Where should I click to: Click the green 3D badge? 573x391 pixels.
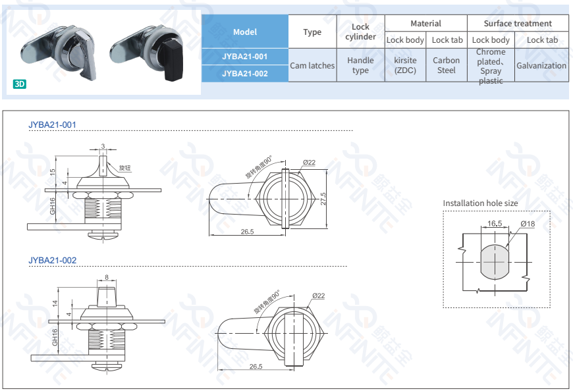(x=19, y=84)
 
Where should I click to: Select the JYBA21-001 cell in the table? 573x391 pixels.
(x=245, y=57)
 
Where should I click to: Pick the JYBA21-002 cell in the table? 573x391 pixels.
(x=245, y=73)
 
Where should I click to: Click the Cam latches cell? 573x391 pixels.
(x=312, y=65)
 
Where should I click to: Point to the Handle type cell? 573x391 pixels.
(x=360, y=65)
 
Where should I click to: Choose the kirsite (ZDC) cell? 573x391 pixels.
(x=405, y=65)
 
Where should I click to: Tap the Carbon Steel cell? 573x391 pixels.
(x=447, y=65)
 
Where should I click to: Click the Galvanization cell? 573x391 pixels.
(x=541, y=65)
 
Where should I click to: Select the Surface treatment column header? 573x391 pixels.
(x=518, y=23)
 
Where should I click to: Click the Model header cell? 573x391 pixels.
(x=245, y=32)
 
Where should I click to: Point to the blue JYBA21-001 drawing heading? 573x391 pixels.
(x=53, y=124)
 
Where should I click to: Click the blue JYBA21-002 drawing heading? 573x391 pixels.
(x=53, y=260)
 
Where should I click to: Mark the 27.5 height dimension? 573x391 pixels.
(x=323, y=197)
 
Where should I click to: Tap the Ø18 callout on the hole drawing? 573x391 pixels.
(x=528, y=224)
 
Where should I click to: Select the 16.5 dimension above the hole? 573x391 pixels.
(x=495, y=224)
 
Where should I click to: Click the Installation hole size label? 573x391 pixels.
(x=480, y=203)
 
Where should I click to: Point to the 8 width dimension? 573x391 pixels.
(x=106, y=277)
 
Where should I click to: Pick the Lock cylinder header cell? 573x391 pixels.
(x=360, y=32)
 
